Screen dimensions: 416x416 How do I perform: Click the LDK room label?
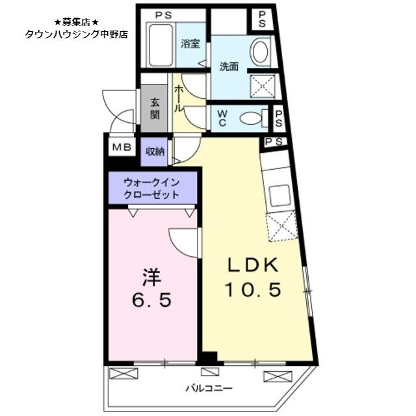(x=253, y=265)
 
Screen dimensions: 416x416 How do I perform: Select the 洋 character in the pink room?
(x=151, y=277)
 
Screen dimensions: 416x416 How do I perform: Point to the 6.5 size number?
(x=151, y=300)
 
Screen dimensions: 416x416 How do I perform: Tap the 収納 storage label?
(x=155, y=151)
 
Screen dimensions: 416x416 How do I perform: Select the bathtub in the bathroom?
(x=160, y=44)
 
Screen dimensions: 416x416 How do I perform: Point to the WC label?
(x=221, y=119)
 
